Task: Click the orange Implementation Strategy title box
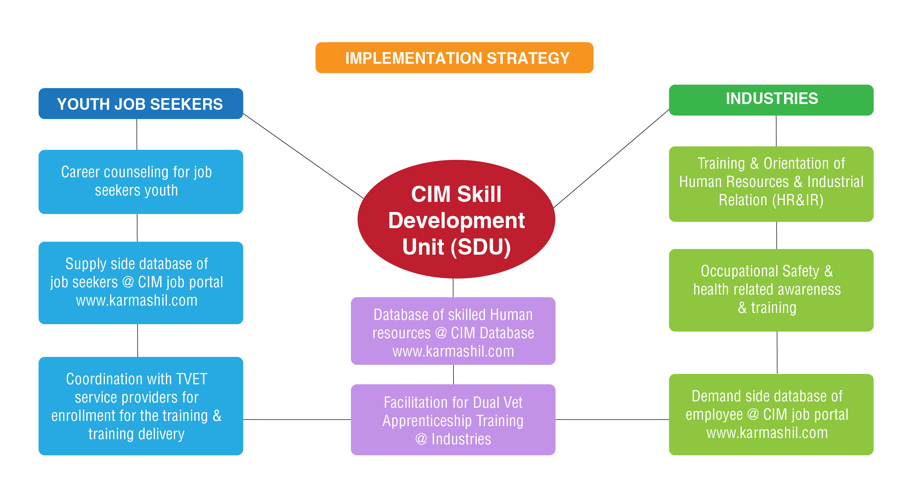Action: [x=454, y=58]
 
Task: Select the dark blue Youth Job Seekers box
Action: [x=141, y=103]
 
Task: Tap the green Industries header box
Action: [x=771, y=100]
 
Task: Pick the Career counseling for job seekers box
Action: [x=141, y=181]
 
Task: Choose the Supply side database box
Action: [x=141, y=283]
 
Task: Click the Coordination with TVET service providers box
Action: [x=141, y=406]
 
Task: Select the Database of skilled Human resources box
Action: [x=453, y=331]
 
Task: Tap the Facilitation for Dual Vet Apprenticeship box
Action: [x=453, y=420]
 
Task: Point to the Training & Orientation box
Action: [x=771, y=184]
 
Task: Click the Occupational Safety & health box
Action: [x=771, y=290]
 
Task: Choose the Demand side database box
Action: [x=771, y=414]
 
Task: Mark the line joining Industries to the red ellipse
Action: [x=611, y=159]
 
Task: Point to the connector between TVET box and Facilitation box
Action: [x=297, y=420]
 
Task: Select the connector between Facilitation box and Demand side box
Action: [x=612, y=420]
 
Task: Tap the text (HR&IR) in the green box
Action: [x=798, y=200]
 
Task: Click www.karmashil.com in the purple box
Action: [x=453, y=351]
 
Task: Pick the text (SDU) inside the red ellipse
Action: [x=481, y=247]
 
